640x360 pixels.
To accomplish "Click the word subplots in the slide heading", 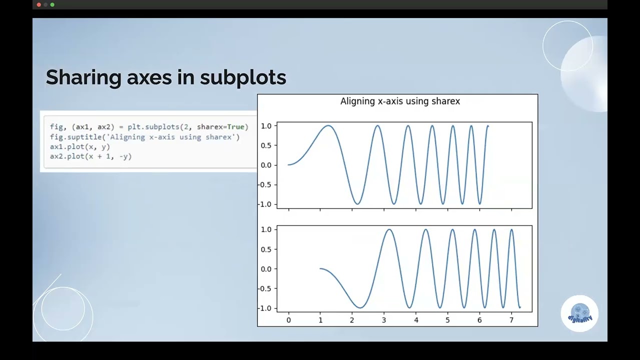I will pyautogui.click(x=243, y=77).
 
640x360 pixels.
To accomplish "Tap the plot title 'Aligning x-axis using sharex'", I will pyautogui.click(x=400, y=101).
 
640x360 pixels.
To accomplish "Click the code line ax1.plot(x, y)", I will pyautogui.click(x=80, y=147).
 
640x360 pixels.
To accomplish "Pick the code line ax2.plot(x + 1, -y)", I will pyautogui.click(x=90, y=156).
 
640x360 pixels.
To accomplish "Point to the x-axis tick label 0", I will pyautogui.click(x=288, y=319).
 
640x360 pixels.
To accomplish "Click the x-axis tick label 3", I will pyautogui.click(x=384, y=319).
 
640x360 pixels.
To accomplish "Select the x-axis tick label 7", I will pyautogui.click(x=511, y=319).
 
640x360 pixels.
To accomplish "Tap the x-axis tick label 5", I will pyautogui.click(x=447, y=319).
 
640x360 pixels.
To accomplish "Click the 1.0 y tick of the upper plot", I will pyautogui.click(x=265, y=126).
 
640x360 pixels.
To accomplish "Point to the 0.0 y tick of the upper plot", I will pyautogui.click(x=265, y=165).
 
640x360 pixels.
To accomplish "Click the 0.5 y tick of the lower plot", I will pyautogui.click(x=265, y=249).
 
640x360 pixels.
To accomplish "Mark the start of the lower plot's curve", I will pyautogui.click(x=320, y=269).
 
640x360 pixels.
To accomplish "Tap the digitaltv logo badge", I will pyautogui.click(x=579, y=313).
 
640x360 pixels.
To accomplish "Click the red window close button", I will pyautogui.click(x=39, y=4).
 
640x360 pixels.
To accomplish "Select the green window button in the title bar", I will pyautogui.click(x=52, y=4).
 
